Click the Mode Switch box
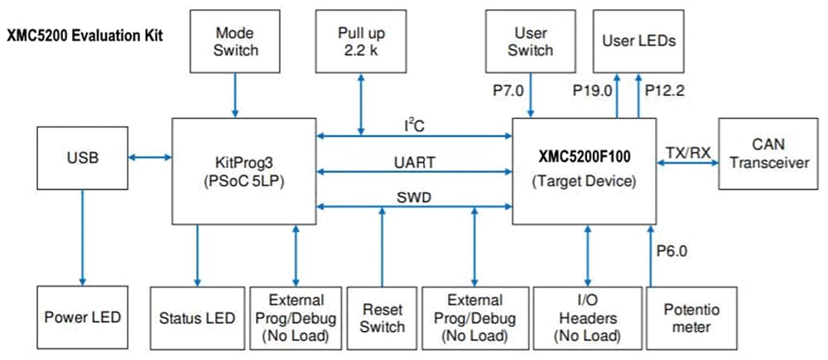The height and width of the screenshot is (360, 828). coord(235,41)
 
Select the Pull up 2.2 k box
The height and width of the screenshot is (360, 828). coord(361,41)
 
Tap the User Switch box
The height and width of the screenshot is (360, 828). coord(530,41)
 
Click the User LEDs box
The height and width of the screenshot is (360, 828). coord(638,41)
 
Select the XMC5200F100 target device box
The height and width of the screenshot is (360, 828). coord(584,170)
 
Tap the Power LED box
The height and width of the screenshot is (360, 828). coord(82,317)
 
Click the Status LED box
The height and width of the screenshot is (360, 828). coord(197,317)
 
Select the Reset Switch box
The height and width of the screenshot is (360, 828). coord(382,317)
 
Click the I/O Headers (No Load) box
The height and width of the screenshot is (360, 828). coord(587,317)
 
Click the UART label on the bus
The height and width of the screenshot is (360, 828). coord(414,163)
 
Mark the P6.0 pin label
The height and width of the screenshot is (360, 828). coord(672,249)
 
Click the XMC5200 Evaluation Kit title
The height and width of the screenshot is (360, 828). coord(84,36)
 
